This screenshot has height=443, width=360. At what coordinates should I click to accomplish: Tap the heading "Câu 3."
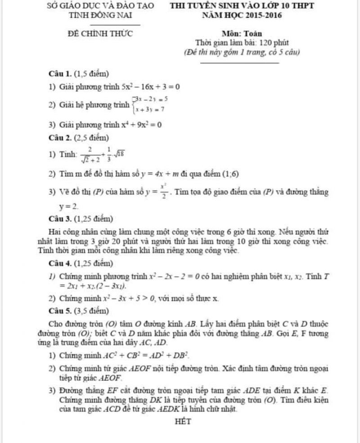(61, 219)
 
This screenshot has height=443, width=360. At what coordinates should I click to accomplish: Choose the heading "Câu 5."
(61, 310)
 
